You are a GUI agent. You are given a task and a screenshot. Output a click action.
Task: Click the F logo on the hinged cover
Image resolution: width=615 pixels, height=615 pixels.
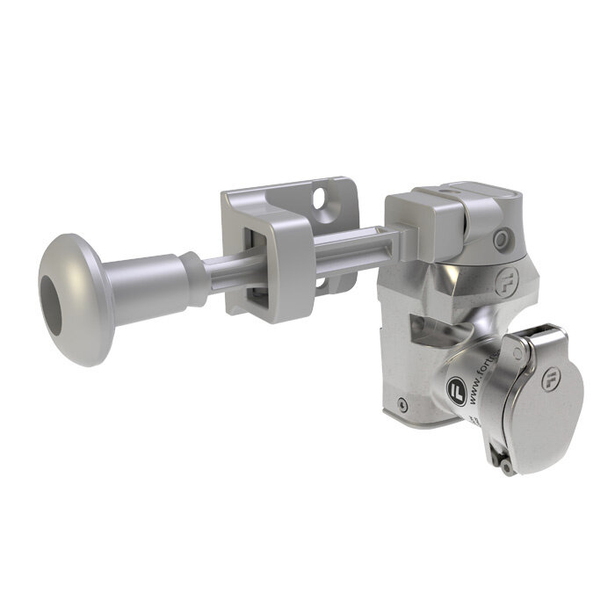coord(550,380)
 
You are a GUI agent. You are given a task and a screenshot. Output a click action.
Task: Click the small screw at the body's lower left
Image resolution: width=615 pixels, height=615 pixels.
coord(402,404)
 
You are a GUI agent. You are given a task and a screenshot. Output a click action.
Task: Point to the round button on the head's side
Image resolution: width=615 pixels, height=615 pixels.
coord(500,239)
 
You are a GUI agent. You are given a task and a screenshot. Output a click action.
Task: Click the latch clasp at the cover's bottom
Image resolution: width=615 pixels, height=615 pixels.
coord(503,462)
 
